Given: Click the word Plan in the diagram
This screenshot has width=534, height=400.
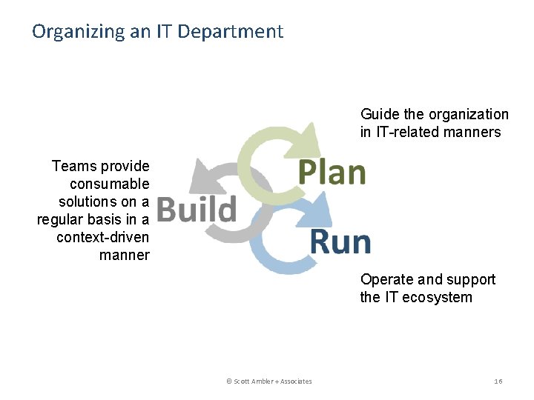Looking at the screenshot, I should [332, 172].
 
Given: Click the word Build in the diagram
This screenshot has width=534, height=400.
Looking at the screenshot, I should [197, 209].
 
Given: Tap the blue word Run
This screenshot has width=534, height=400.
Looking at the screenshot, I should [340, 241].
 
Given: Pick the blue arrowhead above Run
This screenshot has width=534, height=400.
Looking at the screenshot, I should [320, 210].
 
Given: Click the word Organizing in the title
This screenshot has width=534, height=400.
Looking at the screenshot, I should [71, 32].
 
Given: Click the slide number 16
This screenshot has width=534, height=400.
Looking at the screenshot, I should [498, 381].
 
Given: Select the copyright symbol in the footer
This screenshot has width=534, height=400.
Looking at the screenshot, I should [229, 381].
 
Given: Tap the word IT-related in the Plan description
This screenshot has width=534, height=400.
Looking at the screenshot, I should [405, 132].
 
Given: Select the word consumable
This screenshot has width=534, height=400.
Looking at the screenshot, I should [110, 184].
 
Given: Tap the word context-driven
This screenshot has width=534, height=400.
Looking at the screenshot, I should [102, 237].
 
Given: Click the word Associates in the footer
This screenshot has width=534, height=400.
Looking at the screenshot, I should [296, 381].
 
